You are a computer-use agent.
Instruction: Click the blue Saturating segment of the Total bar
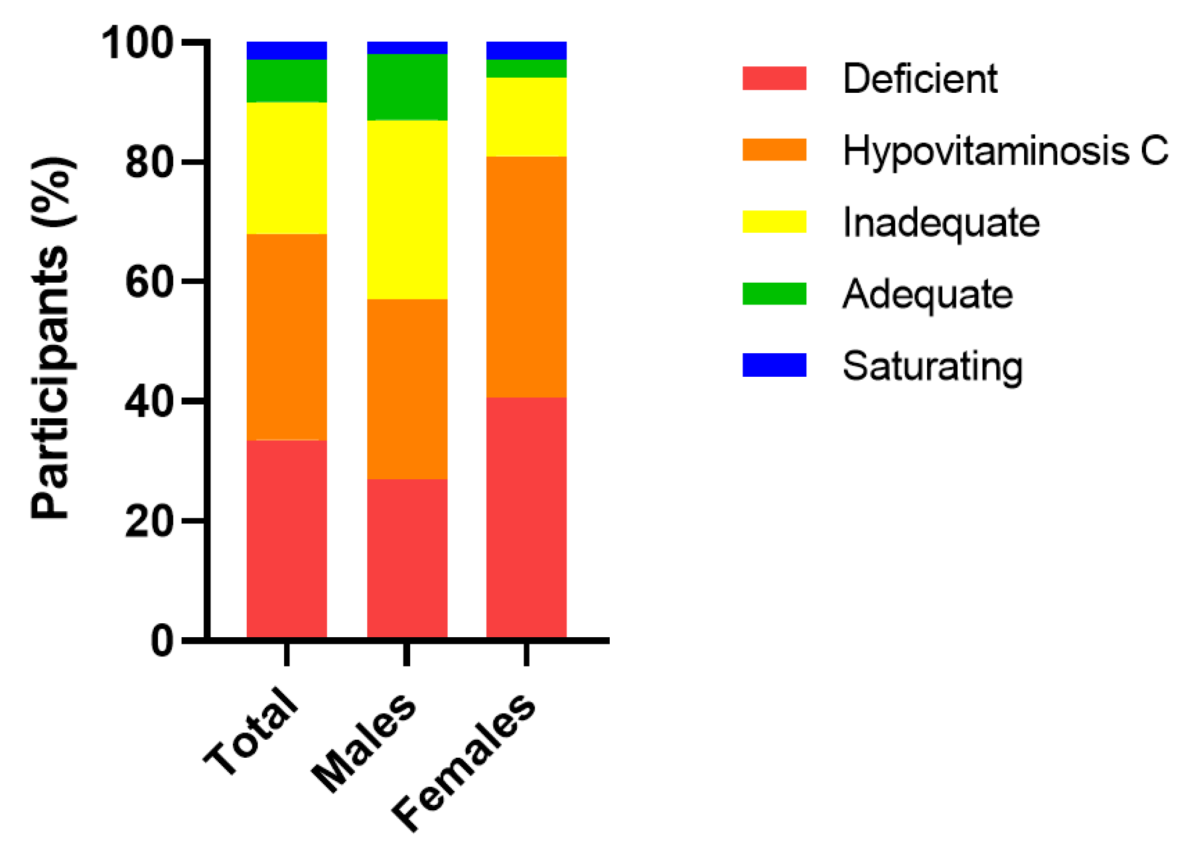click(x=287, y=51)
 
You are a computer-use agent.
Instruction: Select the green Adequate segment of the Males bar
click(x=407, y=87)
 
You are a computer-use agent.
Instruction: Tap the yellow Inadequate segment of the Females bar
click(x=526, y=117)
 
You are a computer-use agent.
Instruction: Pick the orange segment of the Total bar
click(x=287, y=336)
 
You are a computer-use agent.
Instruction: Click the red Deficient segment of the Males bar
click(x=407, y=558)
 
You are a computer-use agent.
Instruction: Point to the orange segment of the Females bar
click(x=526, y=277)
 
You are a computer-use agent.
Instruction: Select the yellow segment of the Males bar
click(x=407, y=209)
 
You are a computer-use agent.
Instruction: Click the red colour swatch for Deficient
click(x=774, y=78)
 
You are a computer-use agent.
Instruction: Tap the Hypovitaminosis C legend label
click(x=1005, y=150)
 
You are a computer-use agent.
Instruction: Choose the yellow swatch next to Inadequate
click(x=774, y=222)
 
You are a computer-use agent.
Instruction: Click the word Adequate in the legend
click(x=927, y=294)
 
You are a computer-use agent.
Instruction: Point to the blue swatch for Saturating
click(x=774, y=365)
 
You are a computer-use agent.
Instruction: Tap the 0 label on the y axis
click(x=162, y=641)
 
